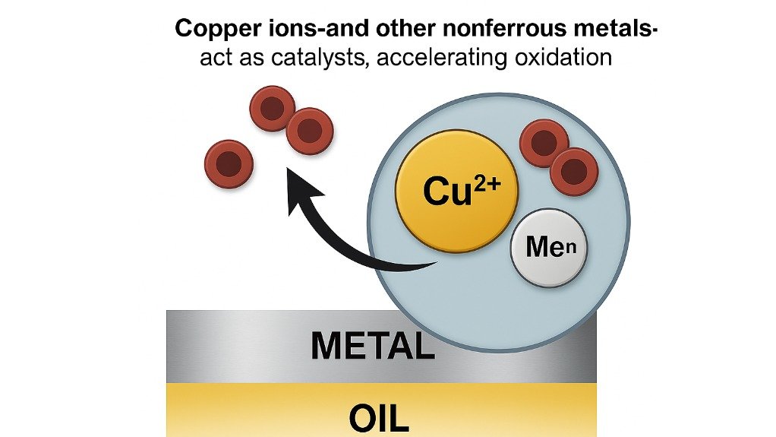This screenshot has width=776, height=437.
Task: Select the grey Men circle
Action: point(548,248)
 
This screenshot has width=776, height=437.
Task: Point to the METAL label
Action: point(372,347)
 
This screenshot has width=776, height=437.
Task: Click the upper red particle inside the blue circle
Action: point(544,143)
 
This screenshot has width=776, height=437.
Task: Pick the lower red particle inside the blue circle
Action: point(574,171)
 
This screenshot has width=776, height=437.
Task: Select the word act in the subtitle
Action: point(216,57)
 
